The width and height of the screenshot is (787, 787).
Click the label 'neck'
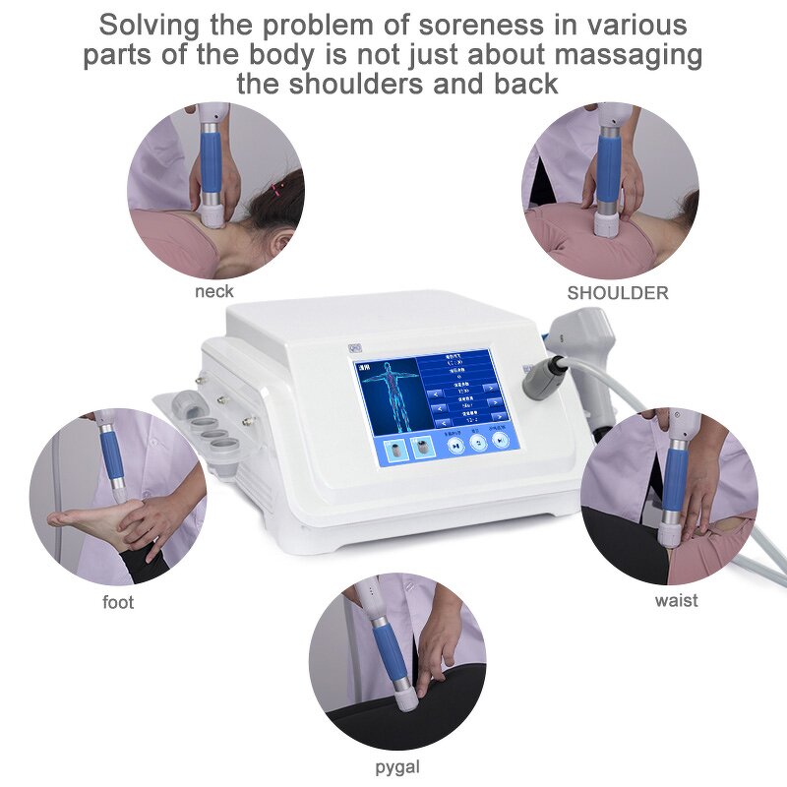click(213, 291)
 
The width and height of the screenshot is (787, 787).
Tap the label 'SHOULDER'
click(617, 292)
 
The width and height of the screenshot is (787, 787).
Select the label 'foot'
click(118, 602)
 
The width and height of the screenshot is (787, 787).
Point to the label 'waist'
click(676, 599)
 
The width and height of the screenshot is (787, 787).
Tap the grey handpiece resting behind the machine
click(590, 334)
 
